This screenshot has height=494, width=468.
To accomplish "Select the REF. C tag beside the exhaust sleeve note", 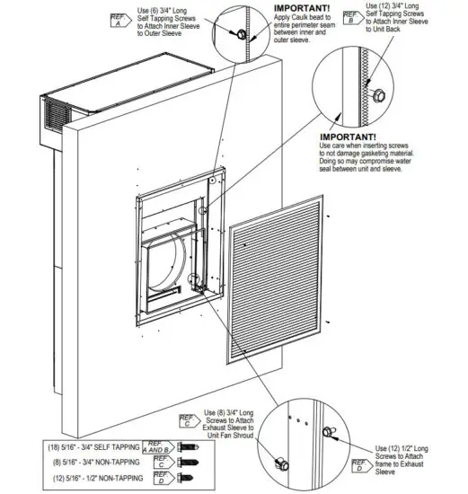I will (187, 419).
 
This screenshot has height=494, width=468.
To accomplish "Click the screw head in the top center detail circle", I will (241, 34).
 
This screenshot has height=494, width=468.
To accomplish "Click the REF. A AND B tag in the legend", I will (158, 445).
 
